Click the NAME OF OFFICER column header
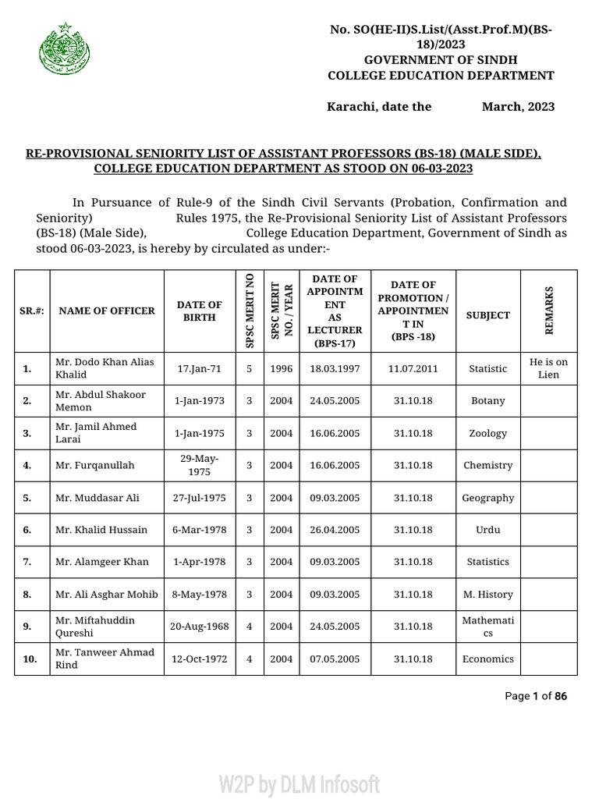(x=107, y=311)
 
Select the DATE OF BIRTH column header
(x=199, y=311)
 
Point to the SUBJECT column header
(x=488, y=315)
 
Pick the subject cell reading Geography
(x=488, y=498)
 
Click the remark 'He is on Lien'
(x=549, y=368)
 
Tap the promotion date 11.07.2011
(x=413, y=368)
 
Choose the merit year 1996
(x=281, y=368)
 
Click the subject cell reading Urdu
(x=488, y=530)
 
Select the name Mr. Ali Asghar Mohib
(x=106, y=595)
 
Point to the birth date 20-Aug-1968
(x=200, y=627)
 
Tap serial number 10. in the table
(x=30, y=659)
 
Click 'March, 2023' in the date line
(x=518, y=106)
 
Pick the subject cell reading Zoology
(x=488, y=433)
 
